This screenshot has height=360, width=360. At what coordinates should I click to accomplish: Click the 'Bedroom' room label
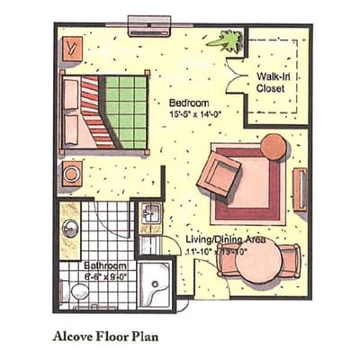click(x=189, y=103)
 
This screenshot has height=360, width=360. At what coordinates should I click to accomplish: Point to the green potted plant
click(x=225, y=40)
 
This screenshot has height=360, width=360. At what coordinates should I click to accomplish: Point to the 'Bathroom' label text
click(x=105, y=267)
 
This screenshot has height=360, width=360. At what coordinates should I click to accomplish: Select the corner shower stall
click(x=160, y=285)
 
